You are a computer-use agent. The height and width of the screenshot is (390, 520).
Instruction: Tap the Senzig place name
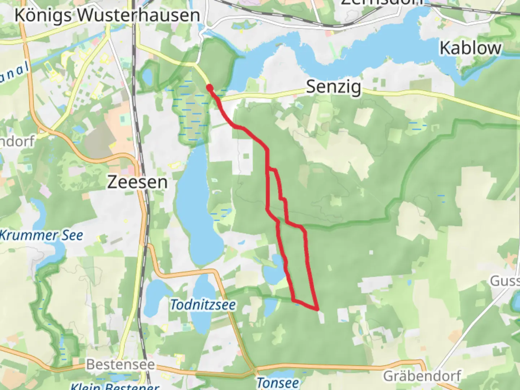point(333,87)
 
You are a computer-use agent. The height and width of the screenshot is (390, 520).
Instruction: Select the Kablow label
point(470,48)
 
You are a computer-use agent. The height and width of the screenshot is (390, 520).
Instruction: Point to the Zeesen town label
point(137,182)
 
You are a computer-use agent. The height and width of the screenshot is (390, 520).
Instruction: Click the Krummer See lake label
point(41,235)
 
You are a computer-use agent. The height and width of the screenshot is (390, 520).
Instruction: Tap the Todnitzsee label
point(203,305)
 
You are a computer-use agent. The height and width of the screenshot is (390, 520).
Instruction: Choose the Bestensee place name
point(120,364)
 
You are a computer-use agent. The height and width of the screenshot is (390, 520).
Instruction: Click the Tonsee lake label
point(278,383)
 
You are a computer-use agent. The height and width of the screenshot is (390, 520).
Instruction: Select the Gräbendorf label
point(422,376)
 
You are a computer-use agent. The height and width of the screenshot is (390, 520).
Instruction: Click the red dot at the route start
point(209,87)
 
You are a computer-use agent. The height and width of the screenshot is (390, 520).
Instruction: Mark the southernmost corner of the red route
point(317,309)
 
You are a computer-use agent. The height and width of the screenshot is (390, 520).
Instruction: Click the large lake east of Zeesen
point(197,206)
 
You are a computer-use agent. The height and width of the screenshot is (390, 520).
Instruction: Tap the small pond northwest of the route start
point(148,76)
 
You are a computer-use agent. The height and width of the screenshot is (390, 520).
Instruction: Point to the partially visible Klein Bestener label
point(115,386)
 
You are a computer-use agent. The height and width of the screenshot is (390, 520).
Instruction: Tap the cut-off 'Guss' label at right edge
point(504,281)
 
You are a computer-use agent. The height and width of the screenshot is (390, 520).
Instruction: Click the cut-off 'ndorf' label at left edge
point(17,142)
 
